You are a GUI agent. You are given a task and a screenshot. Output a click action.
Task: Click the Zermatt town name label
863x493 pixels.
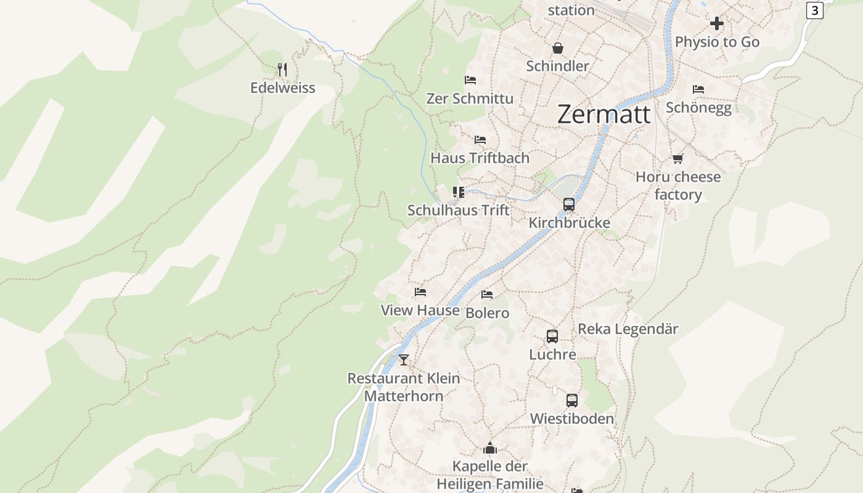[x=603, y=115]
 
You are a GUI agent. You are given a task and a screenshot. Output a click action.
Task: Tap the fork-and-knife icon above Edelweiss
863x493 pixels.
[x=282, y=69]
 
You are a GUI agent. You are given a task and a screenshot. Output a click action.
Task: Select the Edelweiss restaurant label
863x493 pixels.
[x=282, y=88]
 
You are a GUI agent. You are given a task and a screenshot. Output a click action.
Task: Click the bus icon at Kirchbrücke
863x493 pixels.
[x=569, y=205]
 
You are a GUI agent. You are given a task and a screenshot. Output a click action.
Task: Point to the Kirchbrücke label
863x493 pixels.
[x=569, y=223]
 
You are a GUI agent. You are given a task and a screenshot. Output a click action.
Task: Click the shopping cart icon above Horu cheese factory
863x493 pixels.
[x=678, y=159]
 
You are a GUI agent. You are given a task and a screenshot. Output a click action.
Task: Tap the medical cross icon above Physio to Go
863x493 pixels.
[x=716, y=23]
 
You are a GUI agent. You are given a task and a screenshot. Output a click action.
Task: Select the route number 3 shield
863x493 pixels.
[x=814, y=10]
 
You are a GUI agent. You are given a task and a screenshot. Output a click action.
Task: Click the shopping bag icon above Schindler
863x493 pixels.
[x=557, y=48]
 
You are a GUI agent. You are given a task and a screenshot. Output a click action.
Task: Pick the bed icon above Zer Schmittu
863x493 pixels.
[x=470, y=80]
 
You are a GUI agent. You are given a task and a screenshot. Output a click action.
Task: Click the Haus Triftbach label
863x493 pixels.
[x=480, y=158]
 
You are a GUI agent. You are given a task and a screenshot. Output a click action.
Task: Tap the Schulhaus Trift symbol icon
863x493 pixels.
[x=458, y=192]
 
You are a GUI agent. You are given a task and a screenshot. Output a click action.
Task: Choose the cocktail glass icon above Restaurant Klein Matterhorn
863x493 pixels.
[x=404, y=360]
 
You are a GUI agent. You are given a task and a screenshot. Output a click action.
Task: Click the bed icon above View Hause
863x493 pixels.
[x=420, y=292]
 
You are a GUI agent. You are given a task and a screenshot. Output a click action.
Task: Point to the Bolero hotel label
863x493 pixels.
[x=487, y=313]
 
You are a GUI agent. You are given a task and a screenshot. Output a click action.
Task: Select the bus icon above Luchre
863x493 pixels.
[x=552, y=336]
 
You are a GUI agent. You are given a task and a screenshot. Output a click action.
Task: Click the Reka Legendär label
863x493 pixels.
[x=628, y=329]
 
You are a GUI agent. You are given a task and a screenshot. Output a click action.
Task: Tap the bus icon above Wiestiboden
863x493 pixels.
[x=572, y=401]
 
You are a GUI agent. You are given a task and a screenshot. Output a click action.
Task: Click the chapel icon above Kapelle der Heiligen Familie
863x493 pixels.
[x=490, y=448]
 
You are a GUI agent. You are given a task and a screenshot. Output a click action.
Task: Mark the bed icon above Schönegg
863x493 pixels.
[x=698, y=89]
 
